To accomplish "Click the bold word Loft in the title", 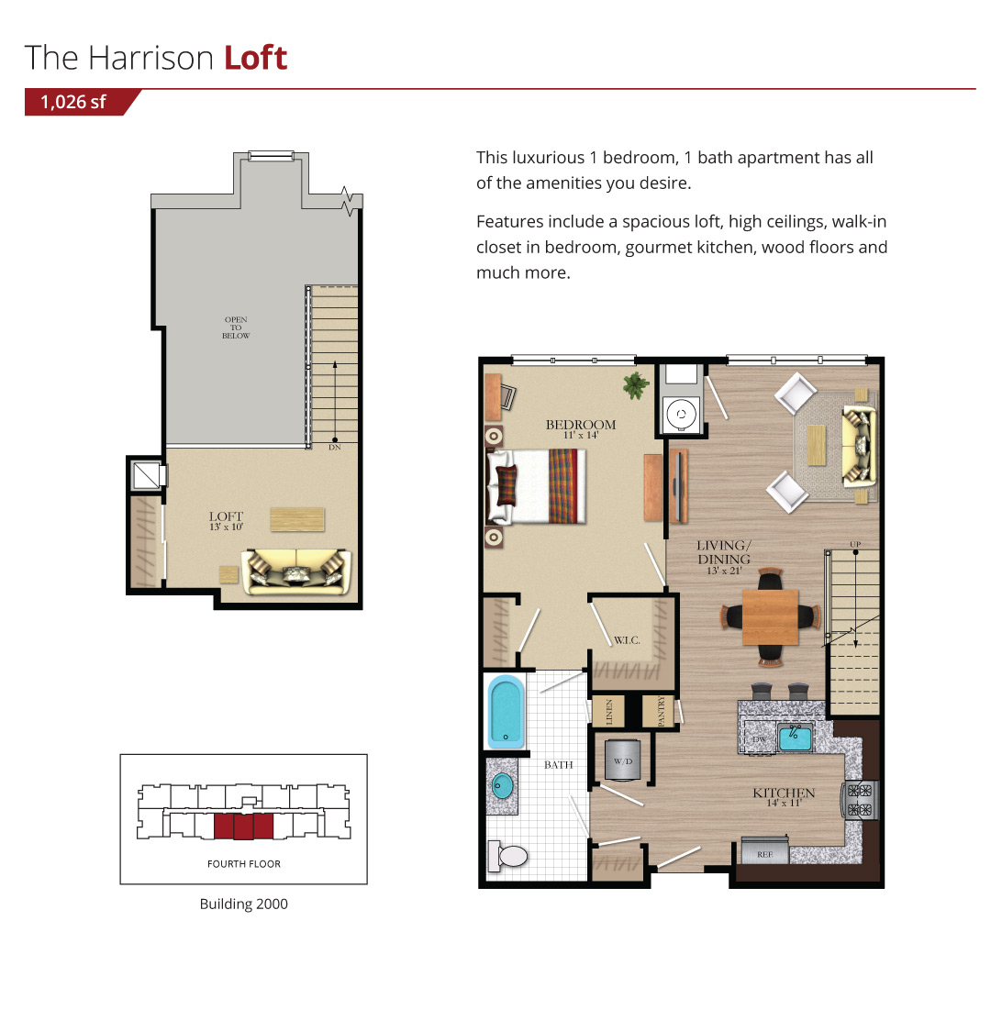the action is pyautogui.click(x=255, y=58).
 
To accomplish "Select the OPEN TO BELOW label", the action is pyautogui.click(x=236, y=327).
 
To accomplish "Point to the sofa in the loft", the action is pyautogui.click(x=296, y=571).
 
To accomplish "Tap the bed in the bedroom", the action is pyautogui.click(x=536, y=485).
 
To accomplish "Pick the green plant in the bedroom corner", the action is pyautogui.click(x=635, y=385).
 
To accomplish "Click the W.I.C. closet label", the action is pyautogui.click(x=627, y=640).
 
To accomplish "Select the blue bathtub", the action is pyautogui.click(x=506, y=712).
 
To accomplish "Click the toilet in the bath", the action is pyautogui.click(x=508, y=856).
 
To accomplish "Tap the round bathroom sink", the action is pyautogui.click(x=503, y=786).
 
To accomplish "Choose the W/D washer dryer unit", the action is pyautogui.click(x=622, y=760).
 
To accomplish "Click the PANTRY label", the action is pyautogui.click(x=662, y=712).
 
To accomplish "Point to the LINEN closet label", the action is pyautogui.click(x=609, y=712).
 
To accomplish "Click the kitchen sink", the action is pyautogui.click(x=796, y=737).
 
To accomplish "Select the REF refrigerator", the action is pyautogui.click(x=765, y=850).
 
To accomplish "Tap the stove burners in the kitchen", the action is pyautogui.click(x=860, y=800).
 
